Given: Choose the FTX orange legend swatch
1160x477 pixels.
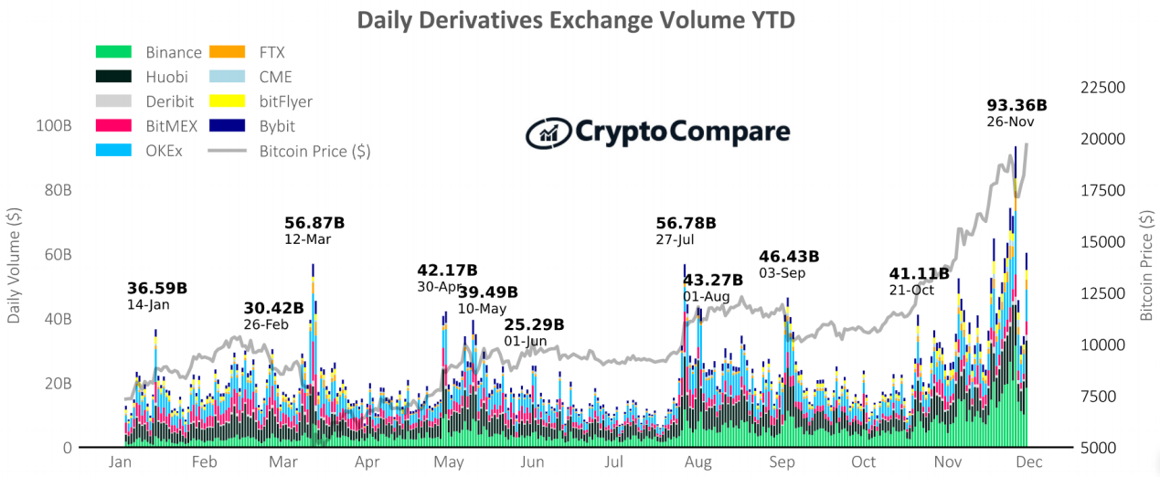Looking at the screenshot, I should pos(227,53).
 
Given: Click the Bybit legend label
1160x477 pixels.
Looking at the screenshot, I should pos(277,126).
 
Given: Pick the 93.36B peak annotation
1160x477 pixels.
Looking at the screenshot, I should pos(1016,105).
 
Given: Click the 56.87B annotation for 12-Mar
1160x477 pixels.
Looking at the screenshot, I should pos(314,222).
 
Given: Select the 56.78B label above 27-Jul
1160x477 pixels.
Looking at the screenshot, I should pos(686,223).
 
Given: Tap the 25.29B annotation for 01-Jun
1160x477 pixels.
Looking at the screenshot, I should pos(534,324).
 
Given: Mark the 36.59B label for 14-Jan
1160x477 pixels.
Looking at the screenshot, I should pos(156,288).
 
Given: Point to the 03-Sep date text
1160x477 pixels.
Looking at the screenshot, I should pos(782,273).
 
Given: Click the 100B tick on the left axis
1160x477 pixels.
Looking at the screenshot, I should pos(54,126).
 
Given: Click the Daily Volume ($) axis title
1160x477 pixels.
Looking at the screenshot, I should pos(15,266).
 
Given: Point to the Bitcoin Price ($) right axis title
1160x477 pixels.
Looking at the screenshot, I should pos(1146,266).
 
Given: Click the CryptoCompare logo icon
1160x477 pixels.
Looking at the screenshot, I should pos(548,132).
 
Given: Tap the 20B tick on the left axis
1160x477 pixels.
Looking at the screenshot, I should pos(57,384).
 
